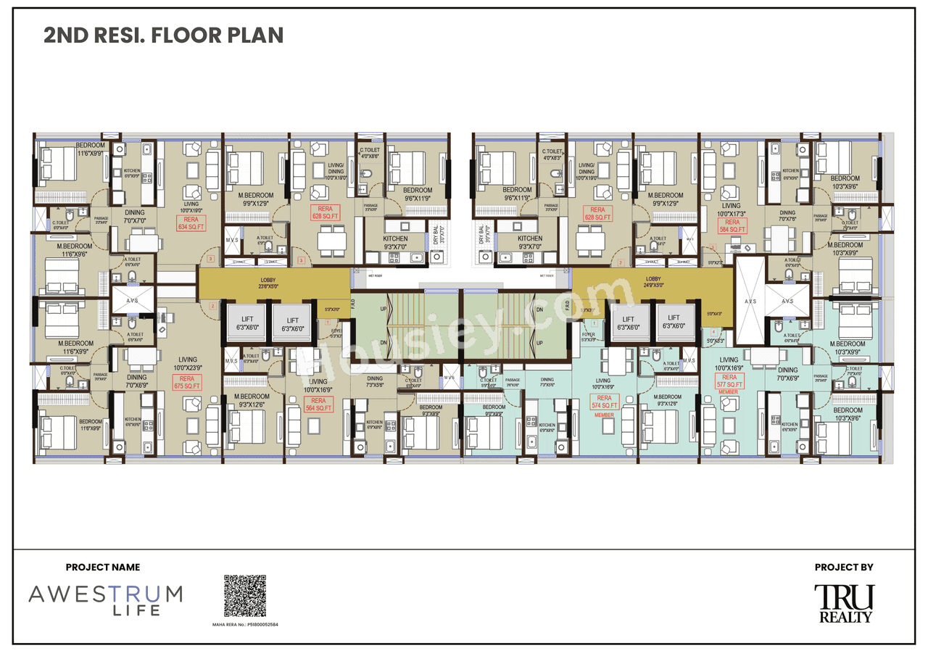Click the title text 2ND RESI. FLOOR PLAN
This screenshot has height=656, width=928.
point(164,35)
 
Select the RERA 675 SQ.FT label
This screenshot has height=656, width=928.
point(187,383)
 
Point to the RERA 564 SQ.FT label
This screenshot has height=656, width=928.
point(318,404)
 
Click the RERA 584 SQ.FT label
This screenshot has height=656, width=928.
point(732,226)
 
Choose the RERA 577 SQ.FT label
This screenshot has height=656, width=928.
point(729,381)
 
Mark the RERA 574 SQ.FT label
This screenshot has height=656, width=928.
point(604,403)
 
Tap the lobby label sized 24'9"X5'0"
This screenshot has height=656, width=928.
point(653,282)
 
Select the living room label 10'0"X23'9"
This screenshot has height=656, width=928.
point(188,363)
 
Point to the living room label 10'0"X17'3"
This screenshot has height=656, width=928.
point(732,210)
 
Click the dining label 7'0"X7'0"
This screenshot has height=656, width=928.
point(136,216)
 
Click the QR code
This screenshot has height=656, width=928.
point(245,596)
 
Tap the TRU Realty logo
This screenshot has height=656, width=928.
point(845,603)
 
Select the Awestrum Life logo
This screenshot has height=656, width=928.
point(106,599)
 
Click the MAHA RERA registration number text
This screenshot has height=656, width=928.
point(245,623)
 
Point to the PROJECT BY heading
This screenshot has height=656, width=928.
point(844,568)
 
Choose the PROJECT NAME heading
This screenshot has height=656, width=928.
point(103,568)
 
